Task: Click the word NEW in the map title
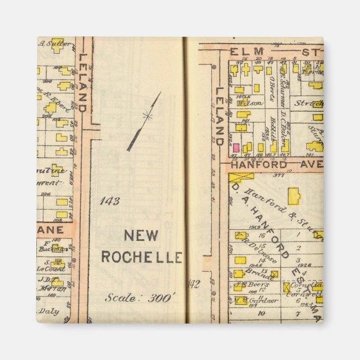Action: click(140, 236)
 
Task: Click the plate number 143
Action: click(110, 201)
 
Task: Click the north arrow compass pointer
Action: click(144, 122)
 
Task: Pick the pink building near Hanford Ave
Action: click(236, 148)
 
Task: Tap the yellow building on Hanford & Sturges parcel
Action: click(294, 196)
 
